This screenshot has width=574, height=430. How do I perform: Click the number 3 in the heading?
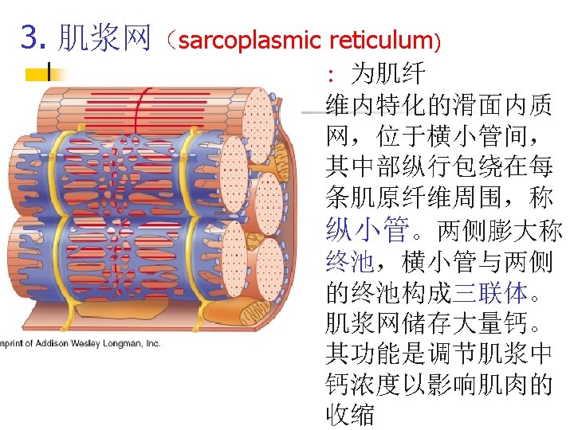coord(29,37)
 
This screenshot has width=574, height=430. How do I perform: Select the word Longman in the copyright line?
coord(120,343)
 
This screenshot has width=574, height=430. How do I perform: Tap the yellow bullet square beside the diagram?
coord(37,74)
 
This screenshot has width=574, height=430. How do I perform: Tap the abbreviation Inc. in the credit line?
coord(151,343)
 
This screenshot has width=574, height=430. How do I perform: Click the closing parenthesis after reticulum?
coord(435,38)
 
